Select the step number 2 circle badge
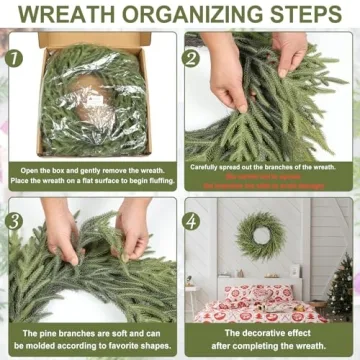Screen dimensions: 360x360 tap(192, 58)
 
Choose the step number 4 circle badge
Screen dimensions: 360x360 tap(192, 219)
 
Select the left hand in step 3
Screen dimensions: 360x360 tap(62, 235)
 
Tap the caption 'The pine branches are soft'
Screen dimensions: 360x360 tap(91, 337)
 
